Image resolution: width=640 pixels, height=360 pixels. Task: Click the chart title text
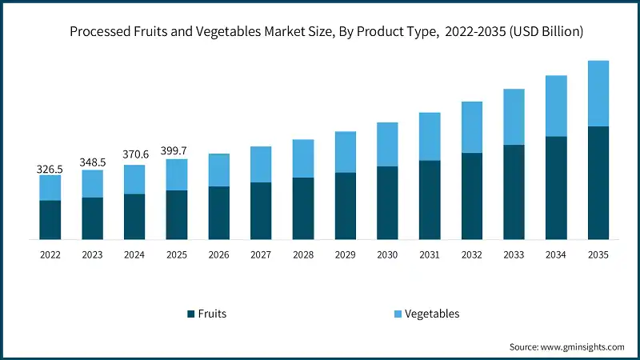coord(320,32)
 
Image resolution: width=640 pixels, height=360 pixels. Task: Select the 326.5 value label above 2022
coord(50,169)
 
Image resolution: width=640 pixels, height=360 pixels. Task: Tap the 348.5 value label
coord(92,162)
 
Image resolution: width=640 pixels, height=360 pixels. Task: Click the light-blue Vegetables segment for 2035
coord(598,94)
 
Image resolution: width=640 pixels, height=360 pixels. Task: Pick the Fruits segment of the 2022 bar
coord(50,220)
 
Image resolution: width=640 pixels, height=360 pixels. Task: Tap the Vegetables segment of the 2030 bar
coord(387,145)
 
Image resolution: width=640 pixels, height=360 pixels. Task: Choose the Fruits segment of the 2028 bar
coord(303,208)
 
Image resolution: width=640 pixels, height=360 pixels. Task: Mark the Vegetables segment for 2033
coord(514,117)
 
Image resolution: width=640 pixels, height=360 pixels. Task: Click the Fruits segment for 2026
coord(218,213)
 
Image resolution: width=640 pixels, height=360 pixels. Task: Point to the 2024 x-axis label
coord(134,254)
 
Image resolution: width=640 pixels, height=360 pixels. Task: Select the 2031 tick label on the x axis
coord(430,254)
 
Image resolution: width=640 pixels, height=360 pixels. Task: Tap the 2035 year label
coord(598,254)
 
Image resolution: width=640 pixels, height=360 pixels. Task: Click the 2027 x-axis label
coord(261,254)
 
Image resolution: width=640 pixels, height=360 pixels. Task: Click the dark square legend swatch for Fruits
coord(190,314)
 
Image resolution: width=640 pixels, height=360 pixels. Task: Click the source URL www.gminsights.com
coord(581,346)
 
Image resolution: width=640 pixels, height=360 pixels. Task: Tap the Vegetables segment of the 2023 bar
coord(92,183)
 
